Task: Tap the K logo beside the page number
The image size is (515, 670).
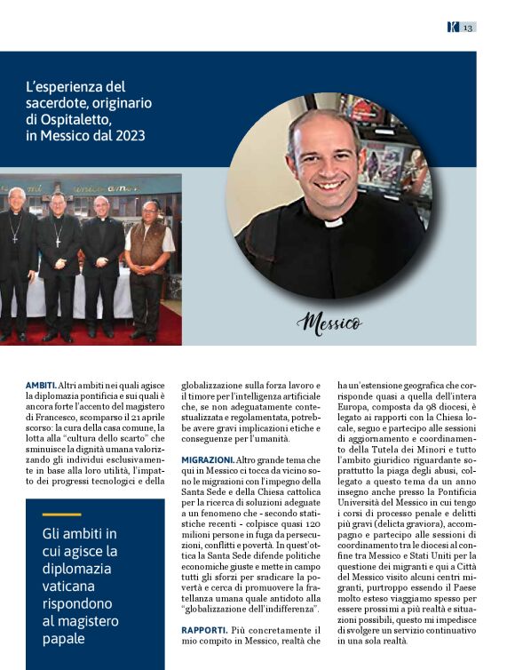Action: coord(453,28)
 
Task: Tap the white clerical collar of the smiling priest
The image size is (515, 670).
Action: coord(333,220)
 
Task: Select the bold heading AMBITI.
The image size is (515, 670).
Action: coord(41,385)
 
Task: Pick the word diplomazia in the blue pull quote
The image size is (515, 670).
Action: coord(78,569)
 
